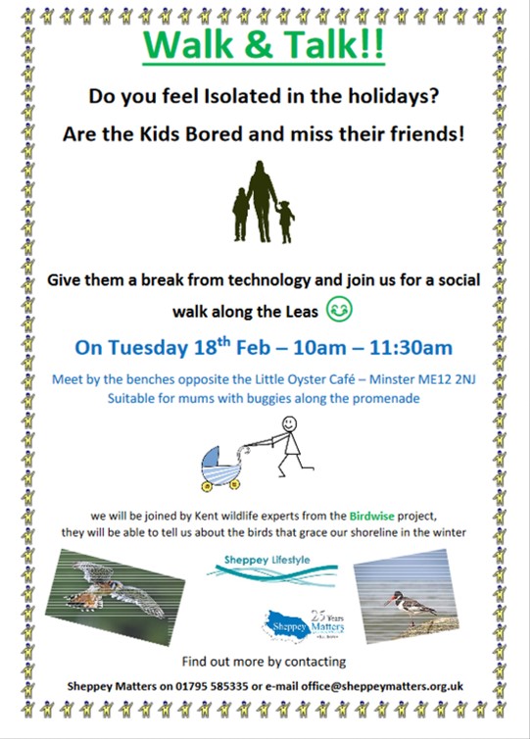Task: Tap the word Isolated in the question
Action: pyautogui.click(x=237, y=96)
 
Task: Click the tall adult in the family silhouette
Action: pyautogui.click(x=261, y=201)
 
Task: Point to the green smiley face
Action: pyautogui.click(x=339, y=309)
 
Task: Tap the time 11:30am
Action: pyautogui.click(x=410, y=348)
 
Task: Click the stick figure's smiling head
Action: pyautogui.click(x=289, y=423)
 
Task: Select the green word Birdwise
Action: pyautogui.click(x=371, y=517)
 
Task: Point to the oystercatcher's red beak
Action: pyautogui.click(x=390, y=601)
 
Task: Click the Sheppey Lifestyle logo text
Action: pyautogui.click(x=267, y=560)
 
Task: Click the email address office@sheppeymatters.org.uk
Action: pyautogui.click(x=382, y=686)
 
